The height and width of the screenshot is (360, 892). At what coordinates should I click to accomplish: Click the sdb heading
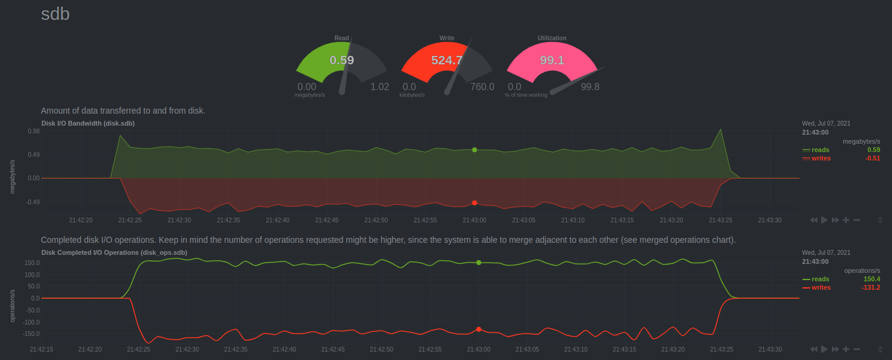pyautogui.click(x=55, y=14)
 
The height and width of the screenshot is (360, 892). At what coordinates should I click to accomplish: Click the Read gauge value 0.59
pyautogui.click(x=342, y=60)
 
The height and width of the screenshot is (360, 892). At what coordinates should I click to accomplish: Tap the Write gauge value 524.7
pyautogui.click(x=447, y=60)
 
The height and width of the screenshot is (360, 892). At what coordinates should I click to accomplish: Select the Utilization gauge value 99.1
pyautogui.click(x=552, y=60)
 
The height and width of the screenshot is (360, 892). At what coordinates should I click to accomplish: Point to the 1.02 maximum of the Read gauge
pyautogui.click(x=379, y=87)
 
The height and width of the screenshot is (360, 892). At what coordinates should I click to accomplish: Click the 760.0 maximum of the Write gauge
pyautogui.click(x=482, y=87)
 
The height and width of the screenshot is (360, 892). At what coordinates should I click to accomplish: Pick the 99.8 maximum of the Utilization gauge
pyautogui.click(x=590, y=87)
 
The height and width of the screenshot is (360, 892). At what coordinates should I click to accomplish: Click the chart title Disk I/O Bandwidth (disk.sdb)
pyautogui.click(x=88, y=123)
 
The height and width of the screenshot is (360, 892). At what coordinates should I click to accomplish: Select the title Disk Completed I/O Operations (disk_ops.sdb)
pyautogui.click(x=114, y=252)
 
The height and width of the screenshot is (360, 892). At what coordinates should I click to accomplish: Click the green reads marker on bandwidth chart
pyautogui.click(x=474, y=150)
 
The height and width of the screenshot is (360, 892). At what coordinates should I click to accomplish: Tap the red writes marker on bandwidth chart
pyautogui.click(x=474, y=203)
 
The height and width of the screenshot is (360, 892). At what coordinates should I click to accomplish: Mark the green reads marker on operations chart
pyautogui.click(x=478, y=263)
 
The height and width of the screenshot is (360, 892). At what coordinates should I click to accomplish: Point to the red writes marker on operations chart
pyautogui.click(x=478, y=329)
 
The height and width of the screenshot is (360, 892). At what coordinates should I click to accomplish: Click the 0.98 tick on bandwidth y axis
pyautogui.click(x=33, y=131)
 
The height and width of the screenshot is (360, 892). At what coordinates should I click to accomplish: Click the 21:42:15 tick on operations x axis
pyautogui.click(x=41, y=349)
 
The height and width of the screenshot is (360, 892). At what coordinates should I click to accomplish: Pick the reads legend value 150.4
pyautogui.click(x=872, y=279)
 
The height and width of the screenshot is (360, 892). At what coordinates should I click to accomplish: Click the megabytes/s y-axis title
pyautogui.click(x=13, y=177)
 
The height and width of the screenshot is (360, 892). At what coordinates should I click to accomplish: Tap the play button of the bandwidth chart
pyautogui.click(x=824, y=220)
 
